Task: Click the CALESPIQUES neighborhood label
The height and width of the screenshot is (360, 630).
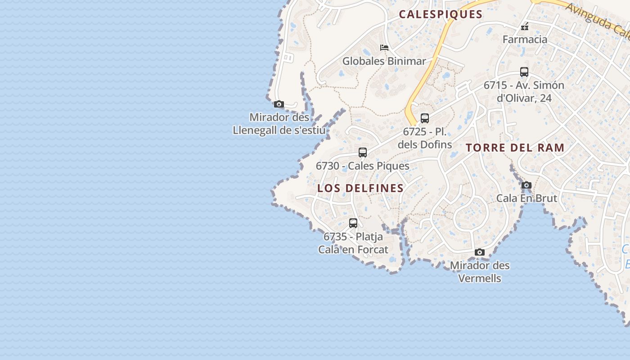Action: click(441, 14)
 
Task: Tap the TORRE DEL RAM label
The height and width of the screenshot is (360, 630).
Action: click(515, 148)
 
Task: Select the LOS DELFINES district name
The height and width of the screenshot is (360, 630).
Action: click(360, 188)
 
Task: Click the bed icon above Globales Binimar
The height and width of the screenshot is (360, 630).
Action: click(384, 47)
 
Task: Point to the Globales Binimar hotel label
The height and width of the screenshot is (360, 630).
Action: click(384, 61)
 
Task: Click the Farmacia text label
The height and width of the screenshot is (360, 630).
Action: click(525, 39)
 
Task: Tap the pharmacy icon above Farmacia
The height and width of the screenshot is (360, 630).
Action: click(525, 27)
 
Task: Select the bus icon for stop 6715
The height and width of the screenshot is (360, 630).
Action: click(524, 72)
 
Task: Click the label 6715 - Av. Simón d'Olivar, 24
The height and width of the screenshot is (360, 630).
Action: click(524, 91)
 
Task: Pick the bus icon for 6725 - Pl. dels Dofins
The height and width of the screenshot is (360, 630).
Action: click(425, 118)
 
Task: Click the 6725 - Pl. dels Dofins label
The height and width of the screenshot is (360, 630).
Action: click(425, 138)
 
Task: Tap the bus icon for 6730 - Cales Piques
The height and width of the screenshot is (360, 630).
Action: click(363, 153)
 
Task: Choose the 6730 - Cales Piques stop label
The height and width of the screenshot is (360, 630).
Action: click(363, 166)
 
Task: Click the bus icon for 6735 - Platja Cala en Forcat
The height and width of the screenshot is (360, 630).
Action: click(353, 223)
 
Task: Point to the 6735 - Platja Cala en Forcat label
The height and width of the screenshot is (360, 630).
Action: click(353, 243)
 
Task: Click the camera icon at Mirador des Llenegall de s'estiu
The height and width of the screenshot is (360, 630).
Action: click(279, 104)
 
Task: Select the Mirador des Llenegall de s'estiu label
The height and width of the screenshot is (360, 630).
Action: click(279, 124)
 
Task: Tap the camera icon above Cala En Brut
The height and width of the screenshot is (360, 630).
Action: click(526, 185)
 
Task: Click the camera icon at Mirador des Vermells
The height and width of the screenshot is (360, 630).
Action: click(480, 252)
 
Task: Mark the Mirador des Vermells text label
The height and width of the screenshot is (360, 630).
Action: click(480, 272)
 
